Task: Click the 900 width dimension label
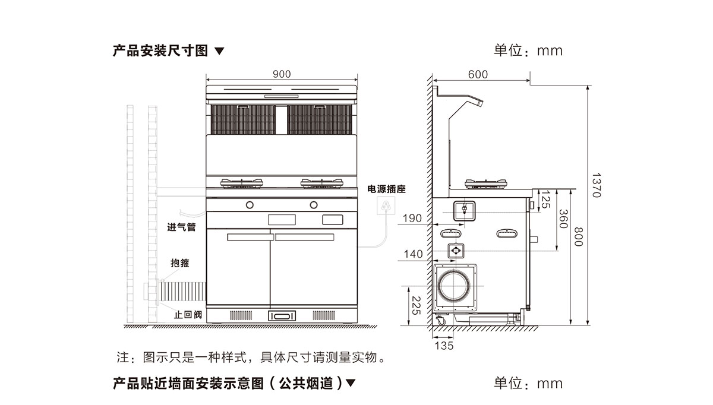point(282,74)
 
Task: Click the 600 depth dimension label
point(478,74)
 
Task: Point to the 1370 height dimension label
point(597,185)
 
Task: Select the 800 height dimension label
point(578,237)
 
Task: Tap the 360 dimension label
point(563,219)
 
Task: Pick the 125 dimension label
point(545,200)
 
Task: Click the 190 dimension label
point(412,219)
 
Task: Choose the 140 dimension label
point(413,254)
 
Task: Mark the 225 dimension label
point(417,306)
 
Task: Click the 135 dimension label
point(444,346)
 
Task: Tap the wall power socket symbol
point(386,205)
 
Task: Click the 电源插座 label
point(386,189)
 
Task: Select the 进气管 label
point(181,227)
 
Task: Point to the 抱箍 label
point(180,263)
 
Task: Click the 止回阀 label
point(188,315)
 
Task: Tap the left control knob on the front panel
point(250,205)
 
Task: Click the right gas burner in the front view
point(322,183)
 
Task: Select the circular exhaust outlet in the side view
point(454,286)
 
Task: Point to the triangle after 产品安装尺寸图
point(219,51)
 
